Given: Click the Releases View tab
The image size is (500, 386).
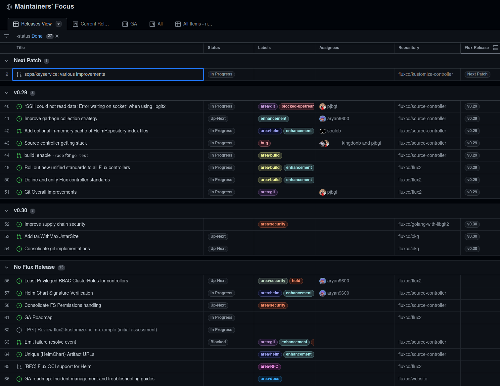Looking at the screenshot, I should click(36, 24).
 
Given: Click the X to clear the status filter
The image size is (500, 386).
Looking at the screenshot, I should click(57, 36).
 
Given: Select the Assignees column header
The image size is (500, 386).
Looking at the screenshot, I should click(329, 48).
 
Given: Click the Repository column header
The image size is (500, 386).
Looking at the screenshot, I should click(408, 48).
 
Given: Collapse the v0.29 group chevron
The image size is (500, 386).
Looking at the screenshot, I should click(7, 93).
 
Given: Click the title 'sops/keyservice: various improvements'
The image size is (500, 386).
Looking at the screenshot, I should click(65, 74).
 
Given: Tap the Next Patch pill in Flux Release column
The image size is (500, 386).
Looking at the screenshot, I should click(477, 74).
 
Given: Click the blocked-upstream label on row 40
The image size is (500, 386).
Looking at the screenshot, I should click(297, 106).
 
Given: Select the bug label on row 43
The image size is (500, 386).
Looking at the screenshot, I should click(264, 143).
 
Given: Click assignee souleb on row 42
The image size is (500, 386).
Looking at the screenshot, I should click(334, 131).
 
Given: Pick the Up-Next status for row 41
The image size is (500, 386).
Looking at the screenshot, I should click(218, 119).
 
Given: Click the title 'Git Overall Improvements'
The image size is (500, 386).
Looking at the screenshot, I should click(50, 192).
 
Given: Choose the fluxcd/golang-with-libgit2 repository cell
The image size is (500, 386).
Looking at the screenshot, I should click(423, 224).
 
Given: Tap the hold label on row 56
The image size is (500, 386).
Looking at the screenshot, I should click(296, 281).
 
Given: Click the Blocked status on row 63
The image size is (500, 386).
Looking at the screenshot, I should click(218, 342).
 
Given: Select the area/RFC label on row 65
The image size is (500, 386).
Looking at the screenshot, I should click(269, 366).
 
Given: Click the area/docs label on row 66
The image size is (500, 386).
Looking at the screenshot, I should click(270, 379).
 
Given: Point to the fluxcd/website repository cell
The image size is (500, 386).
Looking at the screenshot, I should click(412, 379).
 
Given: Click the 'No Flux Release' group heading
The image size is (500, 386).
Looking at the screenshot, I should click(34, 267).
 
